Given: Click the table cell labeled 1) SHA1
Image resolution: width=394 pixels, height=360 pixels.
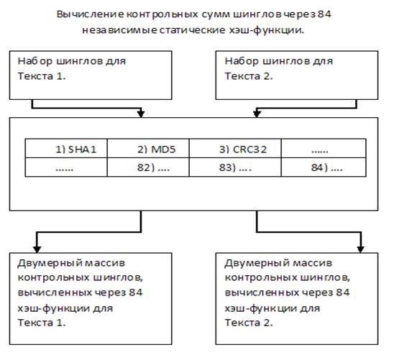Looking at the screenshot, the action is click(66, 148).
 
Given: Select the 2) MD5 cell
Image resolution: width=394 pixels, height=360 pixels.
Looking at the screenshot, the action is click(148, 148).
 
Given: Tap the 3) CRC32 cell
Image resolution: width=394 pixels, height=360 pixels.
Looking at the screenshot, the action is click(235, 148).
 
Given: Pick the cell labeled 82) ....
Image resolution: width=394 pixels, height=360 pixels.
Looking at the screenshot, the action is click(148, 167).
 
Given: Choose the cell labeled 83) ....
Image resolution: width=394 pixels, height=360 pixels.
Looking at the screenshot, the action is click(235, 167).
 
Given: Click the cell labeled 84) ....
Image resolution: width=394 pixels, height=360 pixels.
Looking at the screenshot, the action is click(324, 167).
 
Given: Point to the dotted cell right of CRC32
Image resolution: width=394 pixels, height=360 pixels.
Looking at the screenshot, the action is click(324, 148).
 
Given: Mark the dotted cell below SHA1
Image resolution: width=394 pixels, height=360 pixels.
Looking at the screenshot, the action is click(66, 167).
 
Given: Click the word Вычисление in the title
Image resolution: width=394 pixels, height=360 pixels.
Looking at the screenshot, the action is click(90, 14).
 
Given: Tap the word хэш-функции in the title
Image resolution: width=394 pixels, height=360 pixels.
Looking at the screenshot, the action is click(267, 30).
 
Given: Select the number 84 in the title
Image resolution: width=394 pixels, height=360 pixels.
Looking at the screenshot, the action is click(324, 14).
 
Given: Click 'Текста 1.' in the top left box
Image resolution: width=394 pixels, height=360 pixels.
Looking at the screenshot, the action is click(42, 76).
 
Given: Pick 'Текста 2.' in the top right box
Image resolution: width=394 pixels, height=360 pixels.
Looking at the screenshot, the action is click(249, 76).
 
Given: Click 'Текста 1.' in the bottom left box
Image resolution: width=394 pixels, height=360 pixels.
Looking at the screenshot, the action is click(42, 323).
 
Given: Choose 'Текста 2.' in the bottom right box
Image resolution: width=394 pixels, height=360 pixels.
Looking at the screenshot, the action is click(249, 323).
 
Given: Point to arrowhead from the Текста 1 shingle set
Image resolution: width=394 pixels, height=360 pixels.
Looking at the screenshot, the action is click(141, 114).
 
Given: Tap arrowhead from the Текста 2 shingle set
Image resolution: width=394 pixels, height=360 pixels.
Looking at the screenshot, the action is click(257, 114).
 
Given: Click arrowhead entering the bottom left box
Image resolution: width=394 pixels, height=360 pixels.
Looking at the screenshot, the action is click(37, 249).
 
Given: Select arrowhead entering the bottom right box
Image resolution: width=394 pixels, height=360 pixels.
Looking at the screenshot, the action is click(361, 249).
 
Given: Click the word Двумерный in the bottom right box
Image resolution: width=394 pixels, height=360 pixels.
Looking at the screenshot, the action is click(257, 264).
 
